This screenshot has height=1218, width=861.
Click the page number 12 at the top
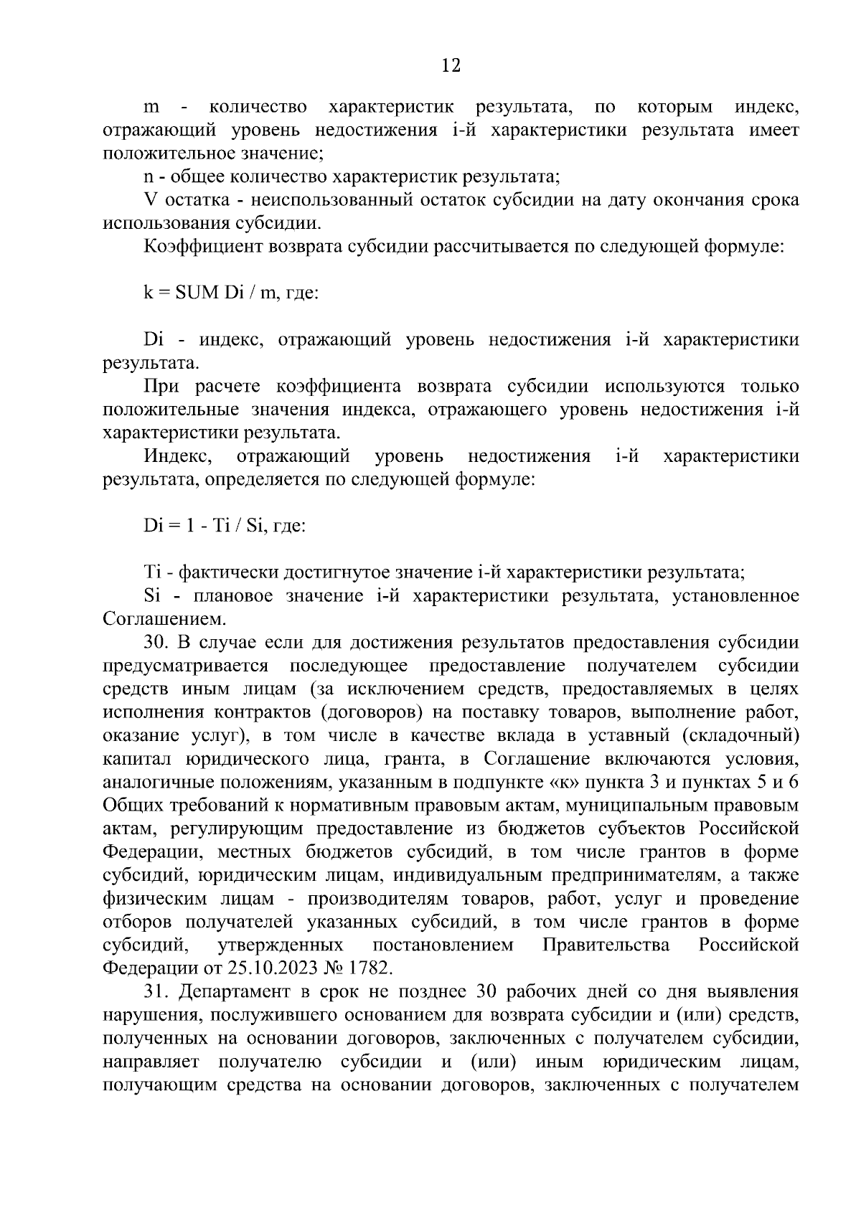pyautogui.click(x=451, y=66)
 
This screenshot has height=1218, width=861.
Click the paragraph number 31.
pyautogui.click(x=156, y=992)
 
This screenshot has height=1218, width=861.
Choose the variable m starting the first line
pyautogui.click(x=151, y=108)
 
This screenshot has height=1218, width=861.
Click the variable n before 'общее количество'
pyautogui.click(x=149, y=177)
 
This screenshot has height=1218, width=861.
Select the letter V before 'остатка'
pyautogui.click(x=150, y=200)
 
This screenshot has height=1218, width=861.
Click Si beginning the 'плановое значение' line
pyautogui.click(x=151, y=596)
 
